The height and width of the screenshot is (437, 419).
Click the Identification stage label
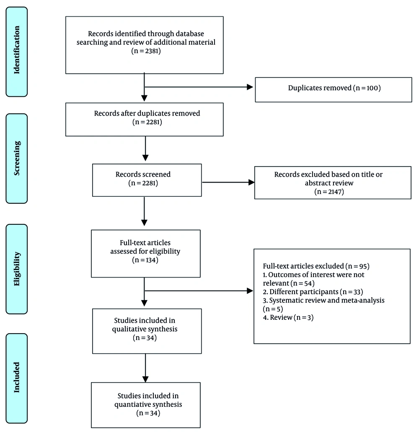pos(17,50)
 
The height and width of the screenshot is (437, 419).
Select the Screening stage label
pos(17,158)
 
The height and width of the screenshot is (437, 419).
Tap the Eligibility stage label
pos(17,269)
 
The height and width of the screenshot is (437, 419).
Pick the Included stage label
pos(17,378)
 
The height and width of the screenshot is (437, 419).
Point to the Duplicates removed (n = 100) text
pos(334,88)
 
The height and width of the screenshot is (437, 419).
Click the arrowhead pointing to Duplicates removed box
pos(250,87)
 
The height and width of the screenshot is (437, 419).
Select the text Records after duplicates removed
pos(147,113)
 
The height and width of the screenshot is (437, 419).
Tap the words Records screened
pos(143,174)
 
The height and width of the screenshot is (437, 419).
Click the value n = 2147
pos(329,192)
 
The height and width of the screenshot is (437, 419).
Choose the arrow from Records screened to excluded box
pos(228,182)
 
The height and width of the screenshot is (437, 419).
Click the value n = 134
pos(145,260)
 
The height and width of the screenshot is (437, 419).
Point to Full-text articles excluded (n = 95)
pos(316,266)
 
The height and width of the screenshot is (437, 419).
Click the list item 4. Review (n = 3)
pos(288,317)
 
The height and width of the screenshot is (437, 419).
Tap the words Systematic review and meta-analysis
pos(327,301)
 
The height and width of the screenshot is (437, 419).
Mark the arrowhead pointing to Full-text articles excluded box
pos(250,291)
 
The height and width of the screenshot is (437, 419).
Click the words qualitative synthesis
pos(145,329)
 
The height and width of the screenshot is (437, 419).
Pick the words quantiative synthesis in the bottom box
pos(148,404)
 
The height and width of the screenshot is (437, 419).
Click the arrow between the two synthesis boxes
pos(145,368)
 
